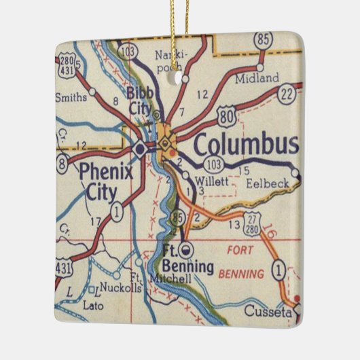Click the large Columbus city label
[245, 144]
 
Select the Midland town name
[256, 79]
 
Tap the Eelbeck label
[267, 183]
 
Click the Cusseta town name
[276, 312]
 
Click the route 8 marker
[62, 163]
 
